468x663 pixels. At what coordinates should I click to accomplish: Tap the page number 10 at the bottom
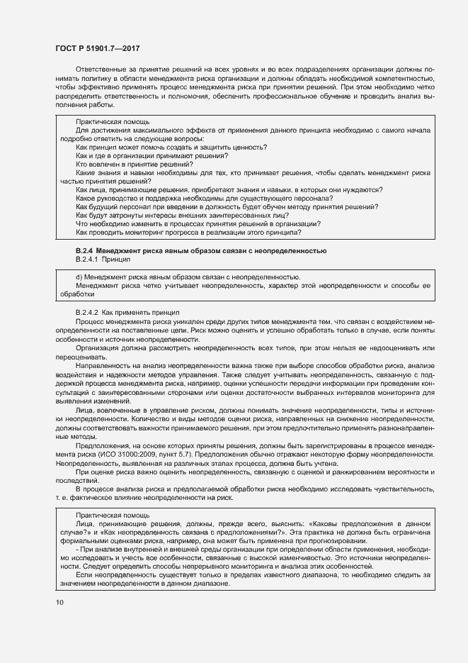(59, 603)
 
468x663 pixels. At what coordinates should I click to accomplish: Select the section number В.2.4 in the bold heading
(84, 251)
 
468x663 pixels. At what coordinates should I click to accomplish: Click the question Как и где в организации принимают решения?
(152, 155)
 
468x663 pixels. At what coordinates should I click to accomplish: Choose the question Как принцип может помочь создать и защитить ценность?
(171, 147)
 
